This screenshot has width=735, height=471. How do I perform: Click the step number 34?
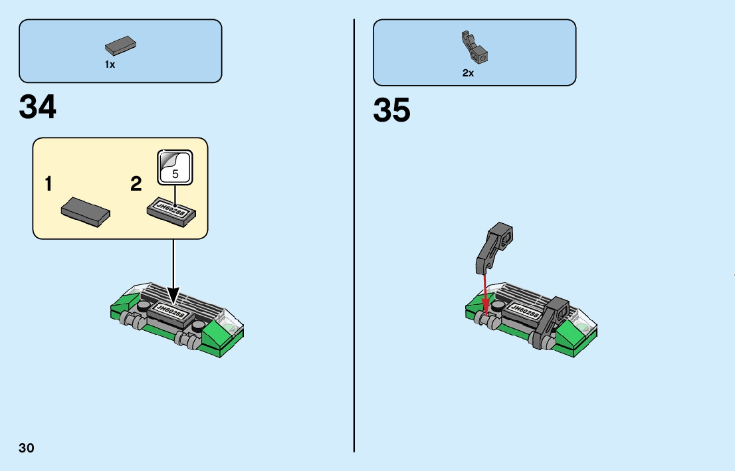(x=38, y=107)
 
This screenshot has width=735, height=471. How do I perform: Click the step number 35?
(x=391, y=110)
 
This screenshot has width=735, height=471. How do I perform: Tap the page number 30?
(x=27, y=448)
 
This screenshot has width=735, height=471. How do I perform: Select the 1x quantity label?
(x=110, y=64)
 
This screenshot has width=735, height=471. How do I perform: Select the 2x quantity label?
(x=468, y=73)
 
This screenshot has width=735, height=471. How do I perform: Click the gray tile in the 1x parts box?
(x=120, y=47)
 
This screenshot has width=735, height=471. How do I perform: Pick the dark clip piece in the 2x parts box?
(x=475, y=47)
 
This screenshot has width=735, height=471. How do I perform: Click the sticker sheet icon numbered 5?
(x=175, y=167)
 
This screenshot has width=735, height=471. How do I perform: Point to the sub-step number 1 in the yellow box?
(x=49, y=184)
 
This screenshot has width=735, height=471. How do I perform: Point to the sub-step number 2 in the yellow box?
(x=136, y=184)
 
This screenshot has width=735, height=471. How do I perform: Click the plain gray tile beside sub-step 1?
(x=86, y=213)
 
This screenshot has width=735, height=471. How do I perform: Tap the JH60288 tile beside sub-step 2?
(x=172, y=210)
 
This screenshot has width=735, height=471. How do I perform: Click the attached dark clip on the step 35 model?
(x=550, y=322)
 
